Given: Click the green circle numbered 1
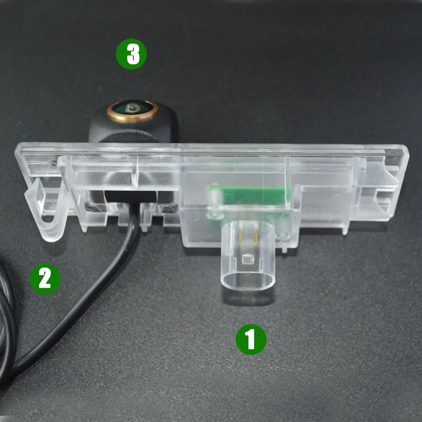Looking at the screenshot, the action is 251,340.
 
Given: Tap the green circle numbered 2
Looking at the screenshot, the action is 45,279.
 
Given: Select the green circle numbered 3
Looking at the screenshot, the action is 132,54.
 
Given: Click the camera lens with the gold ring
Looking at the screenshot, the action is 132,110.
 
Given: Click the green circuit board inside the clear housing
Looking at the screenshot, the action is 249,194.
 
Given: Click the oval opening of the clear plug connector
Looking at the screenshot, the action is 248,281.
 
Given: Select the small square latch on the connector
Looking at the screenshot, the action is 248,259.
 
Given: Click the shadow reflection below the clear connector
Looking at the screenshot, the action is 248,298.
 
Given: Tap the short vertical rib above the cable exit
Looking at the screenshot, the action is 135,172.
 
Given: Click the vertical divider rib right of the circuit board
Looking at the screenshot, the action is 287,183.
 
